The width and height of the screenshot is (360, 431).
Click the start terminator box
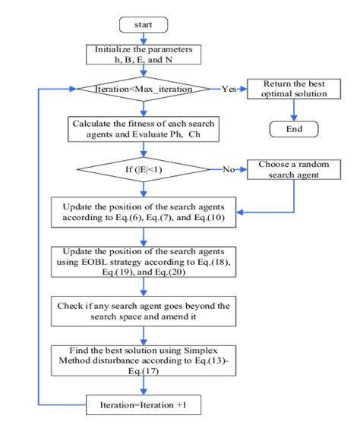point(144,24)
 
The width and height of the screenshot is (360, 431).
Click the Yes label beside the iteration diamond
point(229,90)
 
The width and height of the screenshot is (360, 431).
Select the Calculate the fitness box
point(144,127)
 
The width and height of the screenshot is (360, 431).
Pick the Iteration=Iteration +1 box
point(144,407)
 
